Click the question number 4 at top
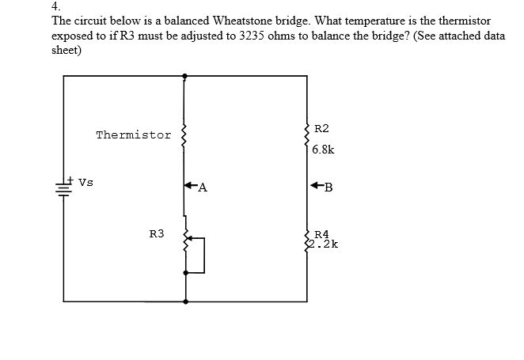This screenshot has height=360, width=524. [x=55, y=6]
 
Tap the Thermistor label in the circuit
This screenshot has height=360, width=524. [x=133, y=135]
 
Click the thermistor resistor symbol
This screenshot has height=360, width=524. [x=185, y=135]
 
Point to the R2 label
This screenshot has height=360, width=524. [x=321, y=128]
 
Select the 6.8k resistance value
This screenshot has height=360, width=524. [x=323, y=149]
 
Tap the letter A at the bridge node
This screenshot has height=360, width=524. [x=203, y=188]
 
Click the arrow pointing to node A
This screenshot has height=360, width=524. [x=190, y=187]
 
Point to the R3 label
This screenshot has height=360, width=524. [x=157, y=234]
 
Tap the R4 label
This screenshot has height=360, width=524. [x=321, y=234]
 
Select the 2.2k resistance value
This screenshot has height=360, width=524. [x=325, y=244]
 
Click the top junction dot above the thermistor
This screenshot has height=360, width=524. [x=185, y=77]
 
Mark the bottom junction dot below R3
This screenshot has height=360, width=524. [x=186, y=301]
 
